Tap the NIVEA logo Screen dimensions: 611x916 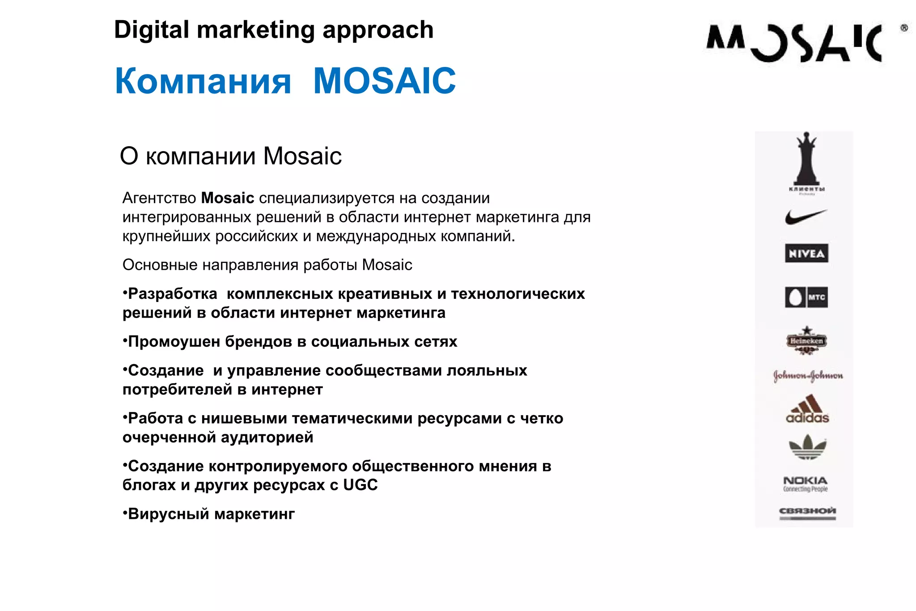pyautogui.click(x=806, y=253)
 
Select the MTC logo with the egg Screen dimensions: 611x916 pyautogui.click(x=806, y=297)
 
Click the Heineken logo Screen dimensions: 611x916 pyautogui.click(x=806, y=341)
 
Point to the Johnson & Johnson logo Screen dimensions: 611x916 pyautogui.click(x=808, y=376)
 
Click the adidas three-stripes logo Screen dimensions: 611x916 pyautogui.click(x=807, y=409)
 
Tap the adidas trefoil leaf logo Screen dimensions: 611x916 pyautogui.click(x=807, y=447)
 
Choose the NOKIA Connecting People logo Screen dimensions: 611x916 pyautogui.click(x=805, y=484)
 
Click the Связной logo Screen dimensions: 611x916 pyautogui.click(x=807, y=513)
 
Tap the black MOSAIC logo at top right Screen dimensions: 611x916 pyautogui.click(x=794, y=43)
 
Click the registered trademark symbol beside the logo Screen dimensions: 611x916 pyautogui.click(x=904, y=28)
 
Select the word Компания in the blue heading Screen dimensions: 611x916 pyautogui.click(x=203, y=81)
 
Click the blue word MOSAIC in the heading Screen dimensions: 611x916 pyautogui.click(x=384, y=81)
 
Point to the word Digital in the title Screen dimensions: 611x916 pyautogui.click(x=152, y=30)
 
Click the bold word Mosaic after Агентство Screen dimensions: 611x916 pyautogui.click(x=227, y=198)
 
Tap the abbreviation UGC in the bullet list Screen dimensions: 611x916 pyautogui.click(x=360, y=485)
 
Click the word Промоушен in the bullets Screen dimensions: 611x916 pyautogui.click(x=174, y=342)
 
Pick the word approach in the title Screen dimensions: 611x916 pyautogui.click(x=378, y=30)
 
